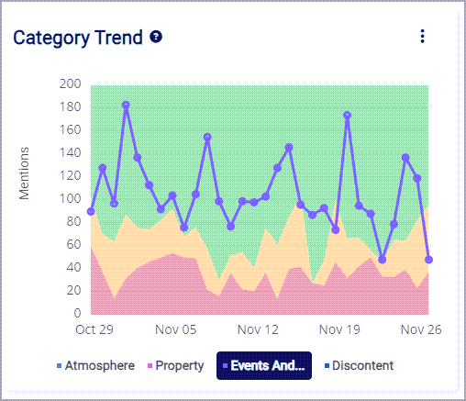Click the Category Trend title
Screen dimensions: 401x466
coord(77,38)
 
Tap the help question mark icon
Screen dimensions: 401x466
coord(157,38)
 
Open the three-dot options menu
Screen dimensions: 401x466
coord(422,36)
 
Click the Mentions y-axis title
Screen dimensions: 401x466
coord(25,173)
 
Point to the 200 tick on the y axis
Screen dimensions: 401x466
coord(71,84)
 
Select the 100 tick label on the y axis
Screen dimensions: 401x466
coord(71,199)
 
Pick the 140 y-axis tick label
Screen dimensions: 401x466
coord(71,153)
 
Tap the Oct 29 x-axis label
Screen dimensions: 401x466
coord(93,329)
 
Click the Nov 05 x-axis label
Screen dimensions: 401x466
coord(175,329)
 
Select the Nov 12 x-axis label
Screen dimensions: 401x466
coord(258,329)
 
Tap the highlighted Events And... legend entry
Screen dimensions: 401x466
coord(264,365)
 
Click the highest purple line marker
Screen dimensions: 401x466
coord(126,106)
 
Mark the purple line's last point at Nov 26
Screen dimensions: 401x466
coord(429,260)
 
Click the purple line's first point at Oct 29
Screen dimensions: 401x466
coord(91,211)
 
